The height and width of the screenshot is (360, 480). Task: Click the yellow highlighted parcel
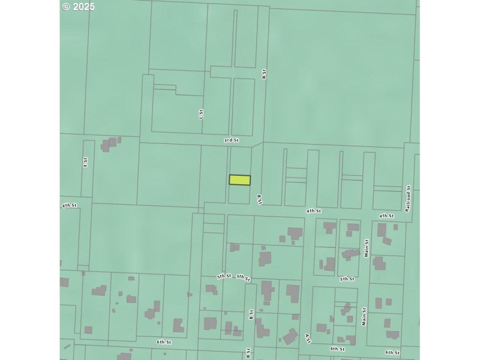239,179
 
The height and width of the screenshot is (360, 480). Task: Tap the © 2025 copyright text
79,7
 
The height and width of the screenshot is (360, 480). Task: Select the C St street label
201,113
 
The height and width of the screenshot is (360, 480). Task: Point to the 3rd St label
231,140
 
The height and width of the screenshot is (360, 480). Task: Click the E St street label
85,162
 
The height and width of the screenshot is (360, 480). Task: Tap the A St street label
308,338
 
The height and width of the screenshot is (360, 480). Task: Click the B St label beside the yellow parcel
260,199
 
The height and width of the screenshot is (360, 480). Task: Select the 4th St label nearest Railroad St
386,215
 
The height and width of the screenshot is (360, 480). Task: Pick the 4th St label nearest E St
69,205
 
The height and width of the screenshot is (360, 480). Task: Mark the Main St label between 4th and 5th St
366,248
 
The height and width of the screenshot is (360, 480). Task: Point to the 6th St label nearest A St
337,349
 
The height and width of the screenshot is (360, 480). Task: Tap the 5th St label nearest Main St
347,279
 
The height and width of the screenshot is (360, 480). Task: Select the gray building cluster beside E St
110,144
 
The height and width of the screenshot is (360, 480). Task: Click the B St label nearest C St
263,74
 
